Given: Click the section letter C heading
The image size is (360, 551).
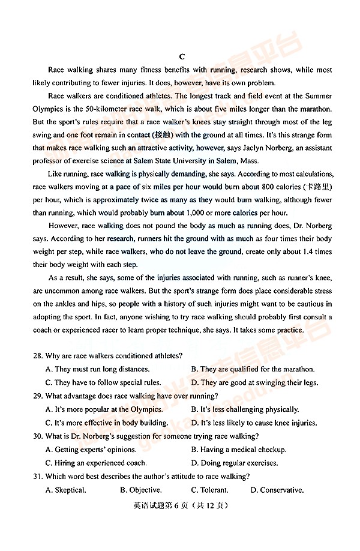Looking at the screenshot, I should click(182, 56).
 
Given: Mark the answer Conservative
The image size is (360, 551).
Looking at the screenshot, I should click(277, 490).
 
